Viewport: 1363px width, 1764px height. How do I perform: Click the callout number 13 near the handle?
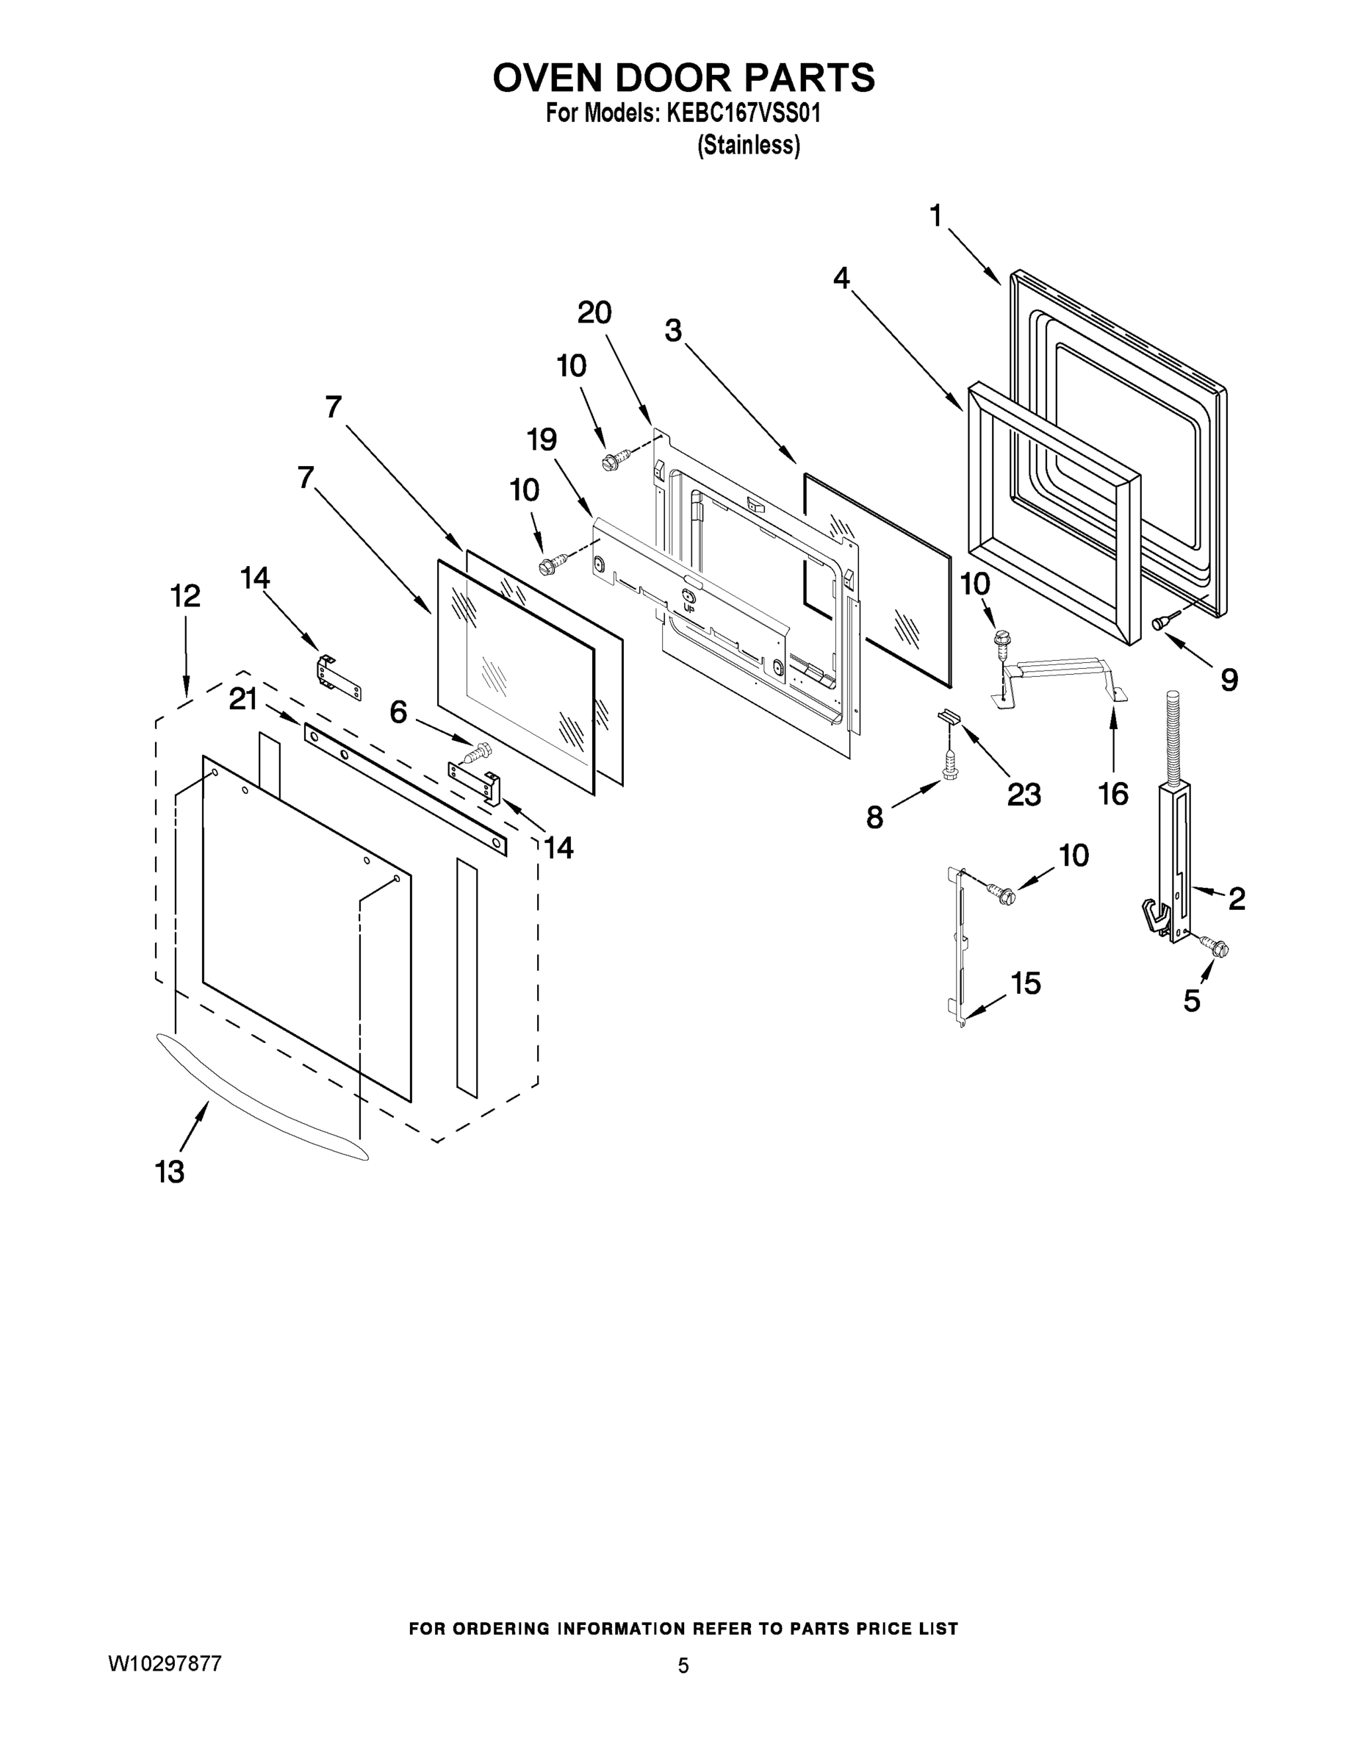pyautogui.click(x=170, y=1170)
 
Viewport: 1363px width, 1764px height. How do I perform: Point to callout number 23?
pyautogui.click(x=1023, y=795)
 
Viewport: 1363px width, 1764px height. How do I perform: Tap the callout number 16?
pyautogui.click(x=1112, y=794)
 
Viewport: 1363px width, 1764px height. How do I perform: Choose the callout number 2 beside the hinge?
pyautogui.click(x=1236, y=898)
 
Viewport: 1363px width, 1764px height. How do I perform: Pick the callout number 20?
pyautogui.click(x=594, y=312)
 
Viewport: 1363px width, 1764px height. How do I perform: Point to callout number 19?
pyautogui.click(x=542, y=440)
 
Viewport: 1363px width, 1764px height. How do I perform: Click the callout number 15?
pyautogui.click(x=1026, y=983)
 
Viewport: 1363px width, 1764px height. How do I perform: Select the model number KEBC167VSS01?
pyautogui.click(x=743, y=113)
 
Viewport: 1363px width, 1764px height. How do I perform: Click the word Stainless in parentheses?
pyautogui.click(x=749, y=146)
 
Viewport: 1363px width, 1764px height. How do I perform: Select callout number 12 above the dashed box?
pyautogui.click(x=185, y=596)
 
